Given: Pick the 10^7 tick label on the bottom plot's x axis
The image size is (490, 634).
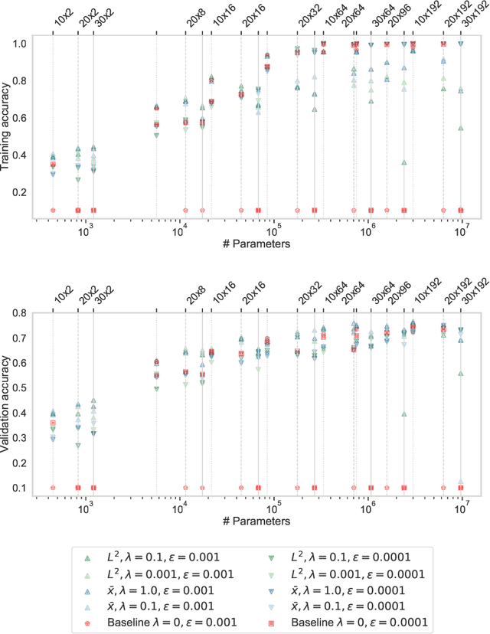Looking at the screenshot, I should click(462, 507).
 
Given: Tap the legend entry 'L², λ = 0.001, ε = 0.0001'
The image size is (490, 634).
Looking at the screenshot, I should click(349, 573).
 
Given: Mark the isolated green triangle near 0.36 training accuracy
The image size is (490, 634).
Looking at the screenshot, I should click(403, 162).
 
